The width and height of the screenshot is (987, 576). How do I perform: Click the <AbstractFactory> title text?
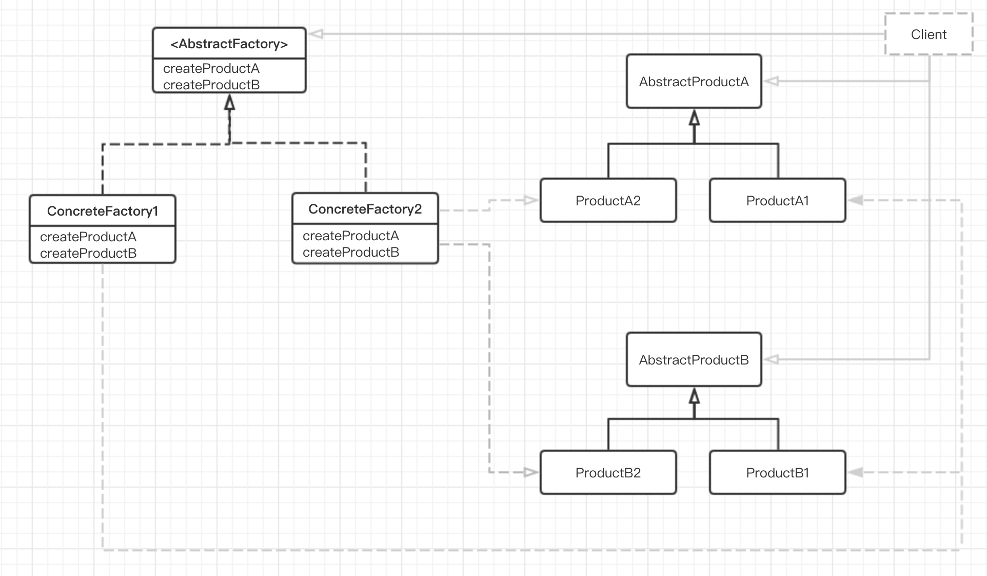click(229, 44)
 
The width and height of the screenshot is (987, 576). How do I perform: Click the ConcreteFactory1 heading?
click(103, 211)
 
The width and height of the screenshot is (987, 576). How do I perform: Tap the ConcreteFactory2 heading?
click(365, 209)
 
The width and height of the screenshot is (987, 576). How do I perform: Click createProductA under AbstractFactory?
click(211, 68)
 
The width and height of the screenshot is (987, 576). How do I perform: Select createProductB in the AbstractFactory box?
click(211, 85)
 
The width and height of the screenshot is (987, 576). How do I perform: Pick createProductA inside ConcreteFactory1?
click(88, 237)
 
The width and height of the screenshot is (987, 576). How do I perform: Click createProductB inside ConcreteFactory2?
click(351, 252)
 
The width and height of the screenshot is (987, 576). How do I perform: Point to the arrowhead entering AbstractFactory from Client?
click(315, 34)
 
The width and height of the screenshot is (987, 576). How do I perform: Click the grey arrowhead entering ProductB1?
click(855, 472)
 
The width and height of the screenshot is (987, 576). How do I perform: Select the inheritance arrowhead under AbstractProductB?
click(694, 395)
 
